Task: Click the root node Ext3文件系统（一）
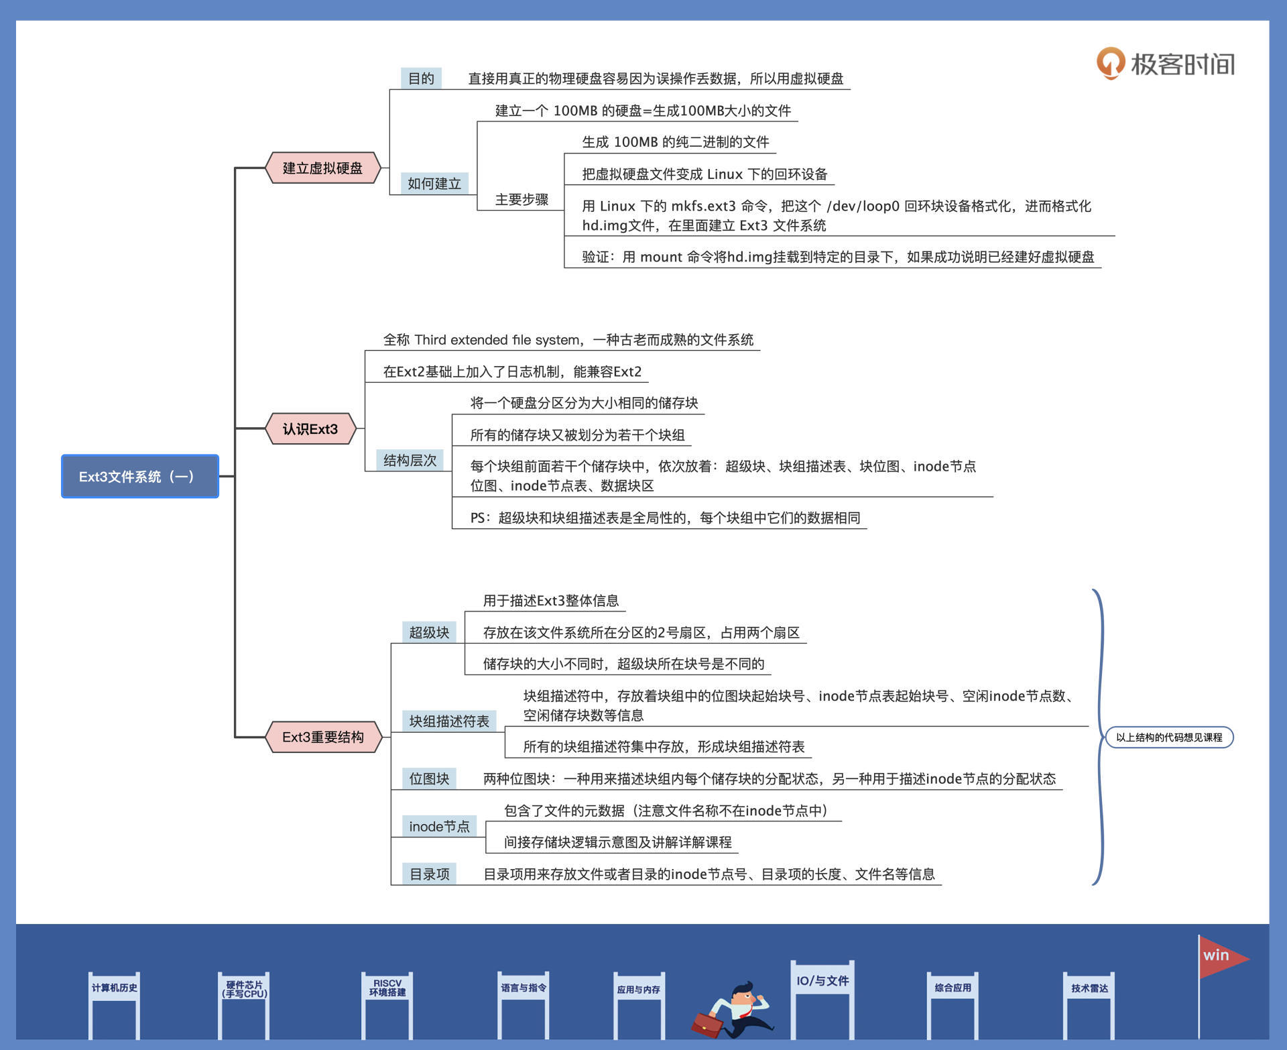tap(139, 476)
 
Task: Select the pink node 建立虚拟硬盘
tap(322, 168)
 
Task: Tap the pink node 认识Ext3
tap(310, 428)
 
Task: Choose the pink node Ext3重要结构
tap(323, 737)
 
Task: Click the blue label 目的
tap(421, 78)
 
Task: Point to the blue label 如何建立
tap(434, 183)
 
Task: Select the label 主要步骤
tap(522, 199)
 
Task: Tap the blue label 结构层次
tap(410, 460)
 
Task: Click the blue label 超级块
tap(429, 632)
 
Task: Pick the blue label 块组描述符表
tap(449, 721)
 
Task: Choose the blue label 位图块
tap(429, 778)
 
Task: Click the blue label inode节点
tap(439, 826)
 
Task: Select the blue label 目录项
tap(429, 874)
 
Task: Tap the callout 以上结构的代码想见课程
tap(1169, 737)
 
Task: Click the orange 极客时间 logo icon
tap(1110, 63)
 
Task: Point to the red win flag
tap(1220, 956)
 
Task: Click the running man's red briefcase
tap(707, 1023)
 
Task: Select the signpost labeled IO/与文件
tap(822, 980)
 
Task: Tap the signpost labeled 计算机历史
tap(114, 988)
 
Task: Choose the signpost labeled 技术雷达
tap(1089, 988)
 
